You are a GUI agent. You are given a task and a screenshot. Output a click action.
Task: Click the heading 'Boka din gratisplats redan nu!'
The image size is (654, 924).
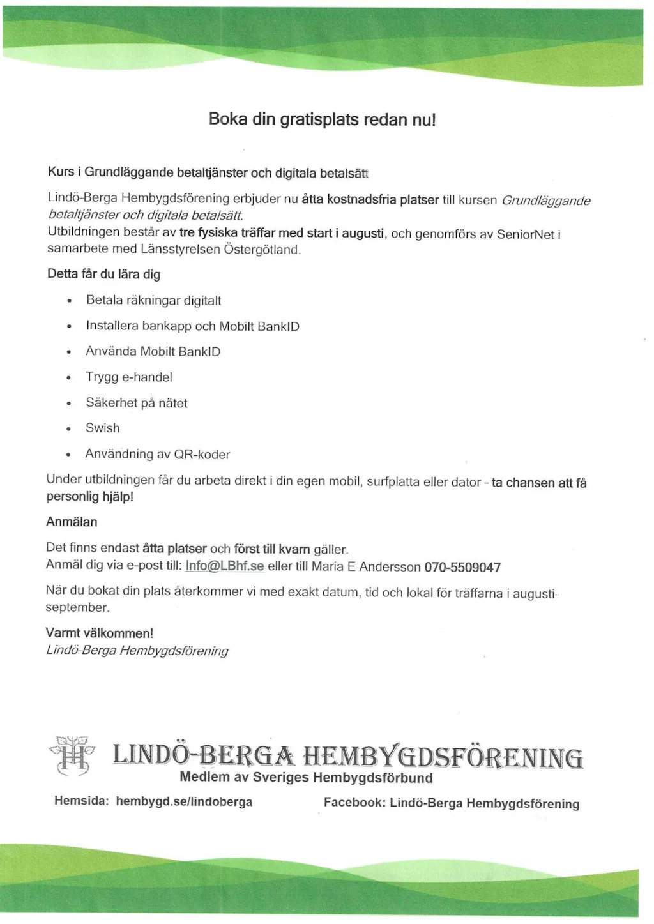322,119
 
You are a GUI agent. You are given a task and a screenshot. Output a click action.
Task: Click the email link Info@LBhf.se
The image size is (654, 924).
224,566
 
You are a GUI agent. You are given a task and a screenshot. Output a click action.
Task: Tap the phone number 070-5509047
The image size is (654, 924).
462,567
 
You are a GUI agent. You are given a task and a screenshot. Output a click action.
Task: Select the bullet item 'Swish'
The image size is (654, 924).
102,428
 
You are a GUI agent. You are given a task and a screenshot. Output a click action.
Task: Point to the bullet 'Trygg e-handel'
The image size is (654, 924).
129,377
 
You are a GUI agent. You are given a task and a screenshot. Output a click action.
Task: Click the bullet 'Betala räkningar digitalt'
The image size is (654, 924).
153,300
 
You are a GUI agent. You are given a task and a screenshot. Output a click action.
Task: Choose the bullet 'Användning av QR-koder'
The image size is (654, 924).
158,454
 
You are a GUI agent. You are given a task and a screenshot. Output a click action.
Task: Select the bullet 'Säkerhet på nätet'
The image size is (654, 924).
137,403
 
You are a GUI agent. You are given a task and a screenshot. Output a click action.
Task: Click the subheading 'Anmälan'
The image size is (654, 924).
72,522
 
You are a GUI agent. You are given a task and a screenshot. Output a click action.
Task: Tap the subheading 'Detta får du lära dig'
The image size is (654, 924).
103,274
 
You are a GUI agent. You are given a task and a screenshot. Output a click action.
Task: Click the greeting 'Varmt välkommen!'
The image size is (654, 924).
99,633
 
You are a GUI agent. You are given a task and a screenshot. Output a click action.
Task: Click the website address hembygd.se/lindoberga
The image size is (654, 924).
184,801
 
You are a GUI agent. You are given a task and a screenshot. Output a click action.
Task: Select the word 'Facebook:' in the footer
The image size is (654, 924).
354,802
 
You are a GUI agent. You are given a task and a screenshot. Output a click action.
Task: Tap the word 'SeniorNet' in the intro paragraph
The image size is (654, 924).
525,234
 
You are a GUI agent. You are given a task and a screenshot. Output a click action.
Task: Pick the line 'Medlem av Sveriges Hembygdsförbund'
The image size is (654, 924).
306,778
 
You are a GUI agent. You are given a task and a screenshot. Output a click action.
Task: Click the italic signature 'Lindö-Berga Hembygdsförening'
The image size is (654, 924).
137,651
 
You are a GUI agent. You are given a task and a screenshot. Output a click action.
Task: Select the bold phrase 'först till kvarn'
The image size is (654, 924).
272,549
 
